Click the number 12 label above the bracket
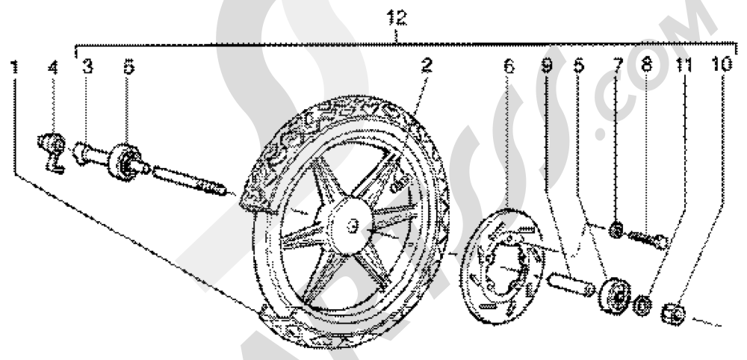[397, 18]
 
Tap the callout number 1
[15, 66]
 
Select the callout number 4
[53, 66]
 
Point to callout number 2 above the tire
[427, 65]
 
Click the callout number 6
[509, 66]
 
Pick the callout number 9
[548, 66]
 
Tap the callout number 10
[722, 65]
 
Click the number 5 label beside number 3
[128, 66]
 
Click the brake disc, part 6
[502, 266]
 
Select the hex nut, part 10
[673, 314]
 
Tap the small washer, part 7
[616, 231]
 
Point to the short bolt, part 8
[648, 238]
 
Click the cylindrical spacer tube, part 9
[571, 284]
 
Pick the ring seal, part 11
[642, 305]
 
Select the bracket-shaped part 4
[52, 152]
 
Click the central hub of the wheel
[352, 226]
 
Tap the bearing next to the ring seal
[615, 295]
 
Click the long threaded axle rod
[189, 180]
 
